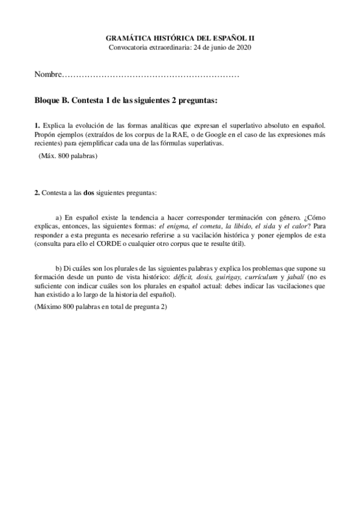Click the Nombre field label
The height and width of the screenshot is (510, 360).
click(48, 75)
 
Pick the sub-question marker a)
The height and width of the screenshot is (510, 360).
click(59, 217)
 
